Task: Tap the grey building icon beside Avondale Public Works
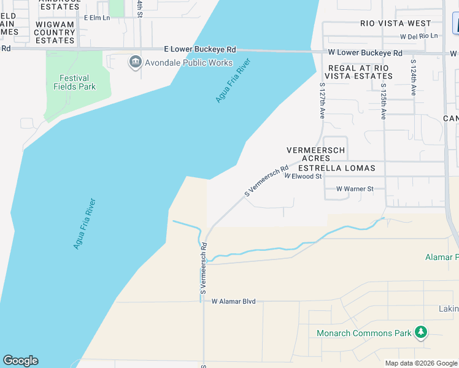[135, 62]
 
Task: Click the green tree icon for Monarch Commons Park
[420, 333]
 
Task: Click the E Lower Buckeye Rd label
[200, 49]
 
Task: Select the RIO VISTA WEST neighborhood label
[396, 23]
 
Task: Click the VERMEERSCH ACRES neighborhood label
[316, 154]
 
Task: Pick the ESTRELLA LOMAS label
[336, 167]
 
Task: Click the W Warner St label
[355, 189]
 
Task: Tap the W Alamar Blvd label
[233, 301]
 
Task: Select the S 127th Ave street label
[322, 101]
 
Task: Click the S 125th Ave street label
[383, 101]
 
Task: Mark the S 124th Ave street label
[414, 77]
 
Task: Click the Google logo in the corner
[20, 361]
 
